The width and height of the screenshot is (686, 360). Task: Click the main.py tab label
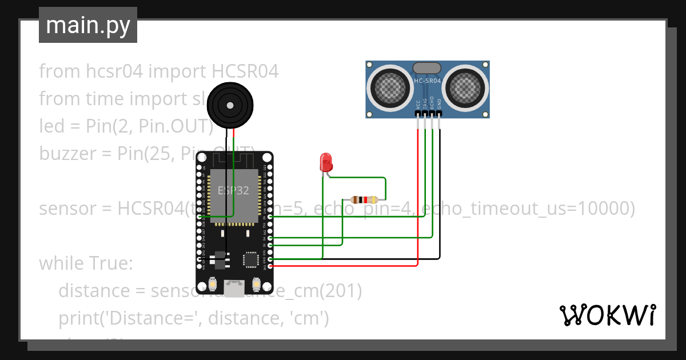87,25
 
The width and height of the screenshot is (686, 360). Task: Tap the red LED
326,162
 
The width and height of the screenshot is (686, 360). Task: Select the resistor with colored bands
364,199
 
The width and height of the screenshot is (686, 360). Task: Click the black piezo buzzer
229,106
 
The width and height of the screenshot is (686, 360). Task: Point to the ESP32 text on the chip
233,191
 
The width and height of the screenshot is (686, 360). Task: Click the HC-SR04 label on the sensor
427,82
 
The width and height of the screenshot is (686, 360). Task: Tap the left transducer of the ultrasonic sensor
389,87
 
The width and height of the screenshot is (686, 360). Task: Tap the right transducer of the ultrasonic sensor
466,87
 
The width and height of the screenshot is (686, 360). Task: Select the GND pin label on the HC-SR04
439,105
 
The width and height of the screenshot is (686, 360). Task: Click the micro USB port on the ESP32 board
233,288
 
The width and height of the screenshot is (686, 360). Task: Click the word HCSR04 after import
245,71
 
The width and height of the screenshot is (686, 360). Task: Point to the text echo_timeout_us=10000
528,209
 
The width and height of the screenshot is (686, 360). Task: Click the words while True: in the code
86,263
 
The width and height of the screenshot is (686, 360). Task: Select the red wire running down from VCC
418,194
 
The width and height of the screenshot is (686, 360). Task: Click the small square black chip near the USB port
250,259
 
